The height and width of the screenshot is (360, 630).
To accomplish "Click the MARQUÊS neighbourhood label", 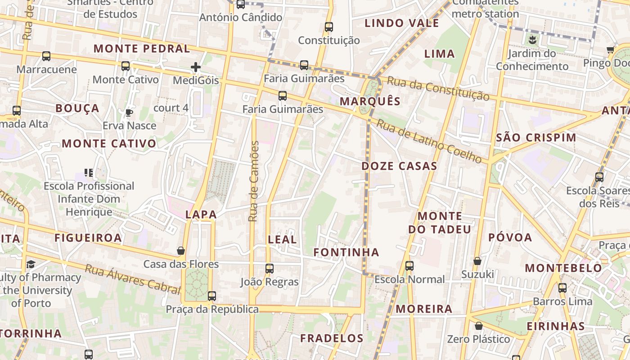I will [x=370, y=101].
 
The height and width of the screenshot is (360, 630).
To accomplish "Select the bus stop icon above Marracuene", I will [x=46, y=56].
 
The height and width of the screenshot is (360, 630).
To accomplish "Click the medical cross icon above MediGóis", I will [x=196, y=67].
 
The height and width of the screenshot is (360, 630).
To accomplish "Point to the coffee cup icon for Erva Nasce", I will [x=129, y=112].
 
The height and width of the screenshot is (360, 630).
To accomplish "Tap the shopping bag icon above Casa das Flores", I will [x=181, y=251].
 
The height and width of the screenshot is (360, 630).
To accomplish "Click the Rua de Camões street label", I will [x=254, y=181].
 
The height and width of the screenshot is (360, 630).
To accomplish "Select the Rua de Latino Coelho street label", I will [x=429, y=141].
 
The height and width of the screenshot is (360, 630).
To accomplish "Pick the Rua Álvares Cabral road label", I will [x=132, y=279].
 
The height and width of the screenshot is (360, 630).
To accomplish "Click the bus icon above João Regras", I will [x=270, y=269].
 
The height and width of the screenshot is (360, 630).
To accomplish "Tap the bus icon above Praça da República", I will [x=212, y=296].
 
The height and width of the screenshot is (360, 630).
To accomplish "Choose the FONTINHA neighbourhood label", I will [x=346, y=252].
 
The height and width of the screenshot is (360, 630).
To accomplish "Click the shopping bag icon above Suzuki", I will [x=477, y=261].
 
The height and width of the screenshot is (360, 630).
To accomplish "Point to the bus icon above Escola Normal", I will [x=409, y=266].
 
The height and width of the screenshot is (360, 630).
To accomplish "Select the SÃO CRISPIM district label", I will [x=535, y=138].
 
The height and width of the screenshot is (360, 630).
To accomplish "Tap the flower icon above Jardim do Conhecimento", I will [x=532, y=40].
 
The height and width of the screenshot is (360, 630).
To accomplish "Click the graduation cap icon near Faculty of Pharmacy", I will [x=31, y=264].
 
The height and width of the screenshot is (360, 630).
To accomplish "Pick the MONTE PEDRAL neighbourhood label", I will [x=142, y=49].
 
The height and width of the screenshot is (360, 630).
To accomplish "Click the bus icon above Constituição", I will [x=329, y=27].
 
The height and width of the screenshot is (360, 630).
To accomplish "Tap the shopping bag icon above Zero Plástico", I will [x=479, y=326].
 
